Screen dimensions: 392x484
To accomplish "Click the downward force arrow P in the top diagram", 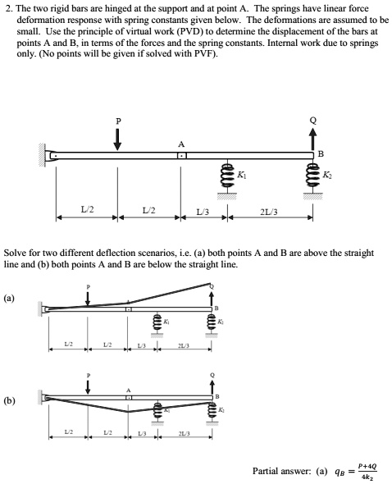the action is [117, 139].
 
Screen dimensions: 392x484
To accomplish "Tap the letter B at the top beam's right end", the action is [321, 153].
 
